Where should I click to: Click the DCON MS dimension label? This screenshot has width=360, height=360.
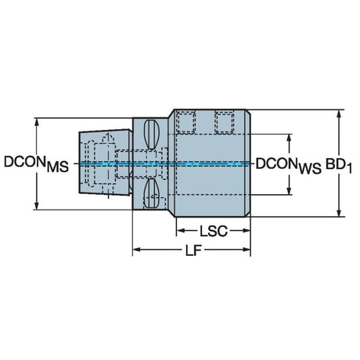click(x=36, y=164)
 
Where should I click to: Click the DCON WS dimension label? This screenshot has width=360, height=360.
click(x=289, y=166)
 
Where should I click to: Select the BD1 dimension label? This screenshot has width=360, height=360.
click(x=339, y=165)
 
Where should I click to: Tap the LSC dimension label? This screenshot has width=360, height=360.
click(x=214, y=231)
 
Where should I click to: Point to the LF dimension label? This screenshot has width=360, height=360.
click(x=193, y=250)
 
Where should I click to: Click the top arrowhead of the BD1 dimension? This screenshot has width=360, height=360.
click(x=339, y=114)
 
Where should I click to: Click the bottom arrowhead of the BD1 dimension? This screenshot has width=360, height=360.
click(x=339, y=212)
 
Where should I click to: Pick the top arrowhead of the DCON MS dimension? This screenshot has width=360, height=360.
click(x=37, y=123)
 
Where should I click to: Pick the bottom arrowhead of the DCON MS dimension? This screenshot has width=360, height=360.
click(x=37, y=205)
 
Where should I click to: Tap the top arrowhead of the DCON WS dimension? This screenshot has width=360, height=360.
click(x=289, y=139)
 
